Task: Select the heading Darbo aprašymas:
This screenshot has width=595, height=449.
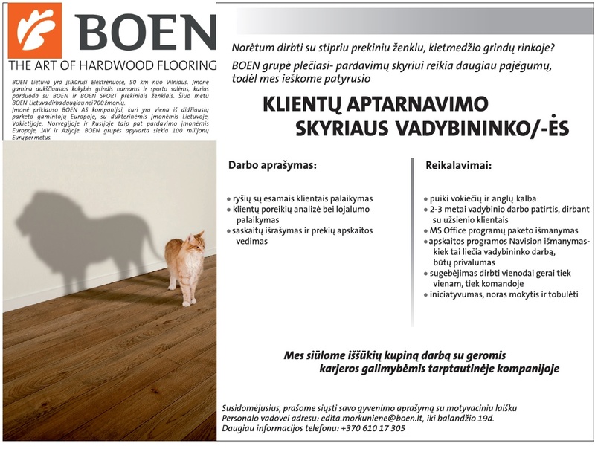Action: [271, 165]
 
